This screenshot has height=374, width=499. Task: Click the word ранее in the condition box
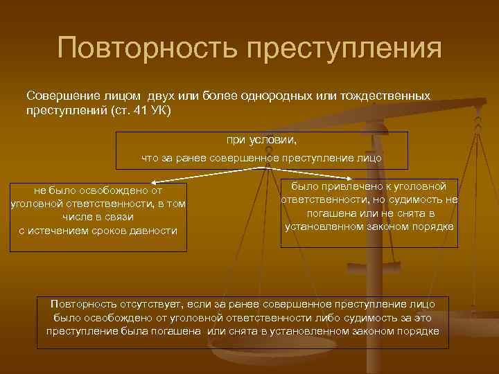pyautogui.click(x=184, y=159)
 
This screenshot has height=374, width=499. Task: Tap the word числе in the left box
pyautogui.click(x=77, y=217)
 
